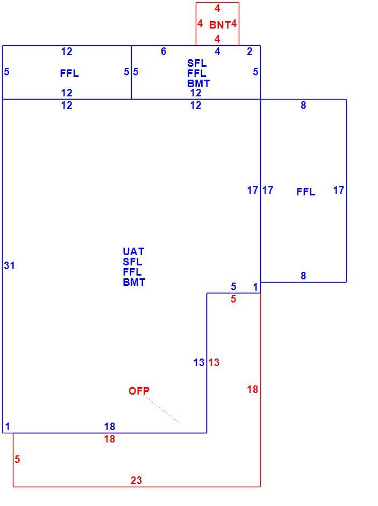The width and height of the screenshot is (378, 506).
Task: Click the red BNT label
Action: (x=220, y=25)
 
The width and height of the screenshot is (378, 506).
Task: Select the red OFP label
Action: (x=139, y=391)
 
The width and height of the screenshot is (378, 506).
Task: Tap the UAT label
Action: (x=133, y=251)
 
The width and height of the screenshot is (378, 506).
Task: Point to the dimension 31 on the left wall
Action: (x=9, y=265)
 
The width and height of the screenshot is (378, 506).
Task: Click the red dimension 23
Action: (x=137, y=481)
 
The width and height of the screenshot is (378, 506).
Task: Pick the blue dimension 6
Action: (x=163, y=51)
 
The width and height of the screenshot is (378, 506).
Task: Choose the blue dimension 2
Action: (x=249, y=51)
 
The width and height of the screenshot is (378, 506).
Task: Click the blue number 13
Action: (x=199, y=362)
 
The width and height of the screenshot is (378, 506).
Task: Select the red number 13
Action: (x=213, y=362)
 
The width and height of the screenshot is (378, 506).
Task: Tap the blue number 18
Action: (x=110, y=427)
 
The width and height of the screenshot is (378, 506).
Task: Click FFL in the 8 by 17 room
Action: (x=306, y=192)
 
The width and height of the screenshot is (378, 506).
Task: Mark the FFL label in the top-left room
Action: (x=69, y=74)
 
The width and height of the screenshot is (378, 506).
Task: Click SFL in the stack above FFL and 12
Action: (x=197, y=63)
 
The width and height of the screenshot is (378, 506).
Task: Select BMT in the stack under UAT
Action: (x=134, y=283)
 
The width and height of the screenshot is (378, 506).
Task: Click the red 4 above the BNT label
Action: (x=218, y=9)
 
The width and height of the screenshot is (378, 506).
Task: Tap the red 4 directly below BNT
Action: (x=218, y=39)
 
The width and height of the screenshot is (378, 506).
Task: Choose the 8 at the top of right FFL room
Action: (x=303, y=105)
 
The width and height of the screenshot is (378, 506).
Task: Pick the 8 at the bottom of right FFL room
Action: (x=303, y=276)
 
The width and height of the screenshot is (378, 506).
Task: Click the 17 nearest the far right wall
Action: (x=339, y=190)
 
